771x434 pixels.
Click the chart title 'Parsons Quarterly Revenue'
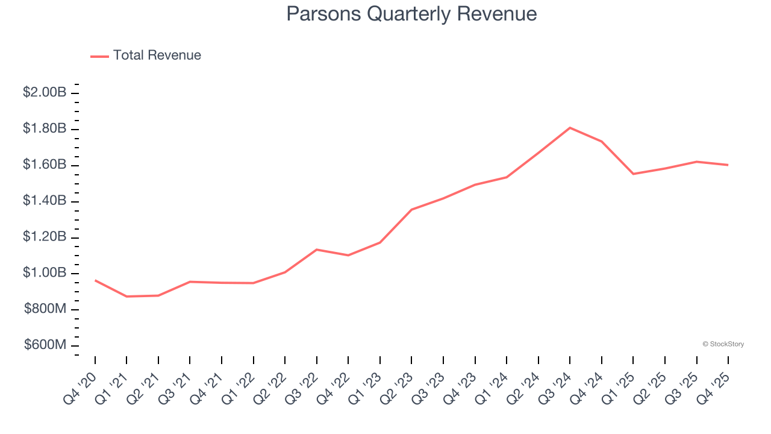(x=411, y=13)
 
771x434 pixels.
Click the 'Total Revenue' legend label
(x=157, y=55)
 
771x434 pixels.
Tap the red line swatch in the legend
(x=99, y=56)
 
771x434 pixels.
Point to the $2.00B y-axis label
(x=45, y=92)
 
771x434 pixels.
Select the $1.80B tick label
(x=45, y=128)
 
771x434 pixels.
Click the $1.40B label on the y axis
(x=45, y=201)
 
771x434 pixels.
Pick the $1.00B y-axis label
(x=45, y=273)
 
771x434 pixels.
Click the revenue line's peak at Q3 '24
(x=570, y=128)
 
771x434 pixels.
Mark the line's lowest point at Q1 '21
(x=126, y=297)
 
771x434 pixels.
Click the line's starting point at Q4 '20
(x=95, y=280)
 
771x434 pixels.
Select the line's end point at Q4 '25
(x=728, y=165)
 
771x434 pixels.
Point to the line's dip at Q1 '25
(x=633, y=174)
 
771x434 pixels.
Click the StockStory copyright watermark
(x=723, y=344)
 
